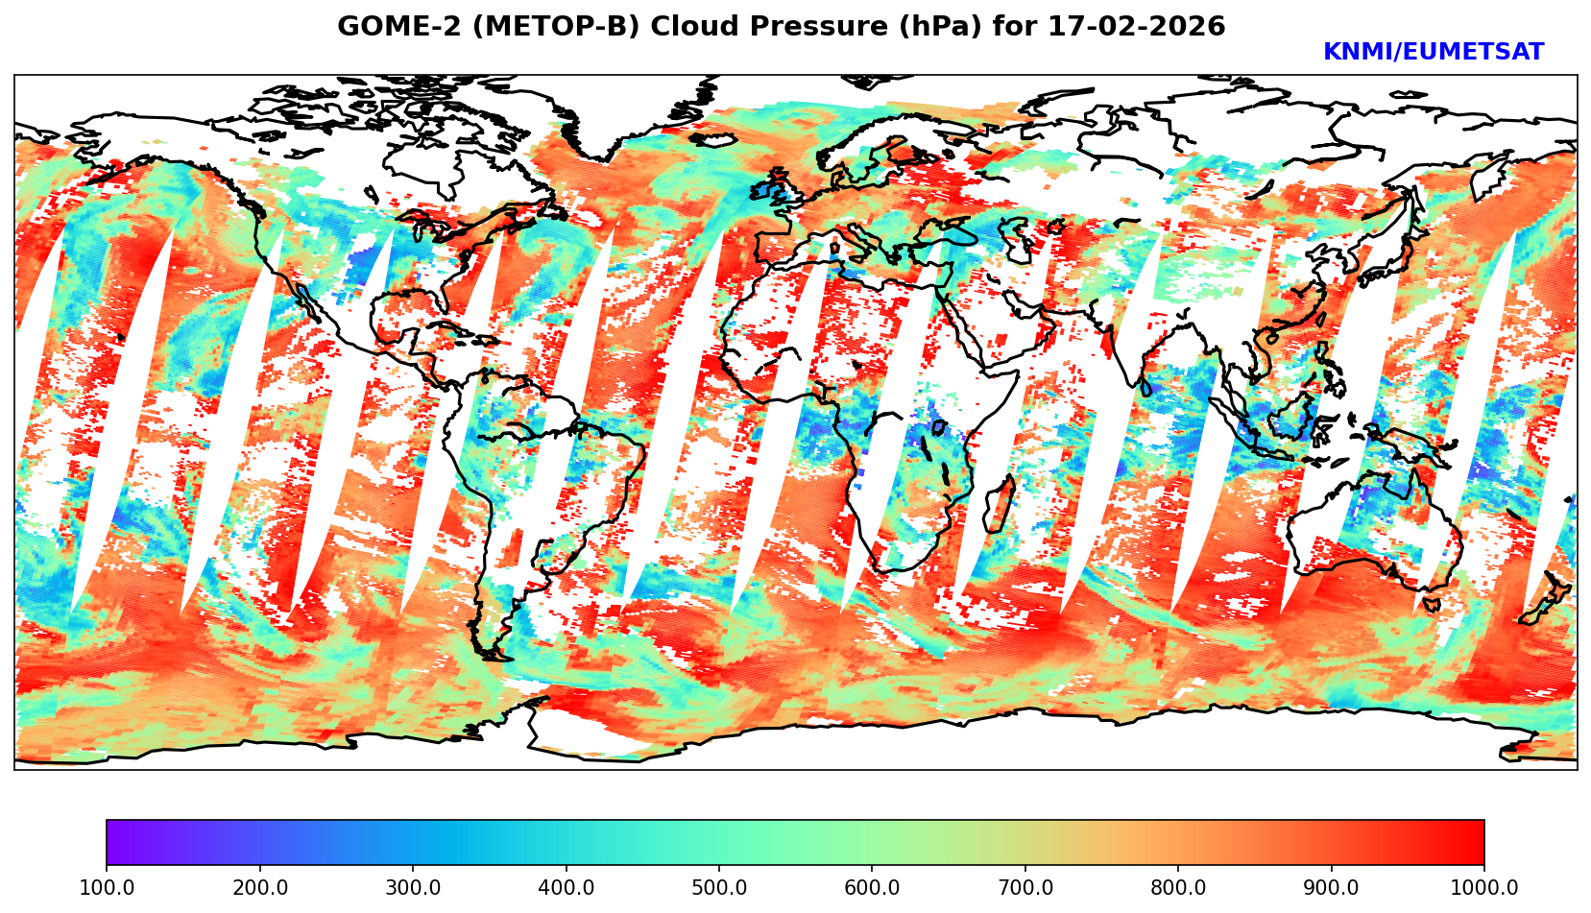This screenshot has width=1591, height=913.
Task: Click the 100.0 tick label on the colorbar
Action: click(107, 888)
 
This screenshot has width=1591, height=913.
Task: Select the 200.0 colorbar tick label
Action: click(259, 888)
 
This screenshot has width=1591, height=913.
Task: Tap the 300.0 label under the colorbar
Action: click(413, 888)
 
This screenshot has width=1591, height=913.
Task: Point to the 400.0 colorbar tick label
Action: click(566, 888)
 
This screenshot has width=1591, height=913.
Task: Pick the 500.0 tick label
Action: click(719, 888)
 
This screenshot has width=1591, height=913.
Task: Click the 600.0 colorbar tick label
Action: click(872, 888)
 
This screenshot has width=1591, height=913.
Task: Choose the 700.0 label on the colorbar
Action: click(1025, 888)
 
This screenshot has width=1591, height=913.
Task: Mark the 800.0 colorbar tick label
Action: click(1178, 888)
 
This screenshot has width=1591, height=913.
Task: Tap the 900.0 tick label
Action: click(1332, 888)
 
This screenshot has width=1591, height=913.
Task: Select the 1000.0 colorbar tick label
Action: click(1484, 888)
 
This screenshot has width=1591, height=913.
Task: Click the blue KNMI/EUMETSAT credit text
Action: click(1433, 53)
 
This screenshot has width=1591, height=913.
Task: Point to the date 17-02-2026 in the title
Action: click(1137, 27)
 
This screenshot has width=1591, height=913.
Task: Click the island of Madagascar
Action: click(1000, 507)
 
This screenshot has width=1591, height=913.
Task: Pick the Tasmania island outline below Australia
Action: click(1432, 605)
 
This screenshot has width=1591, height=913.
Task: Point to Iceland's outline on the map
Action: click(711, 140)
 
